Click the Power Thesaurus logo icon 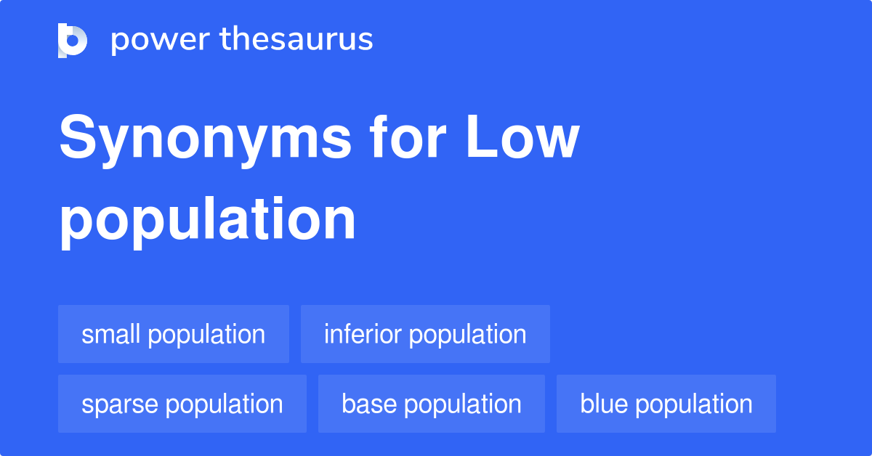[73, 40]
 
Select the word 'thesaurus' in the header [296, 40]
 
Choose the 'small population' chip [173, 334]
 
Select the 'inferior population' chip [425, 334]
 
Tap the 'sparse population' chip [182, 404]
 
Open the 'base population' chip [431, 404]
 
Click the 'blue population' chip [666, 404]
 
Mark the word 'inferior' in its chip [363, 334]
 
